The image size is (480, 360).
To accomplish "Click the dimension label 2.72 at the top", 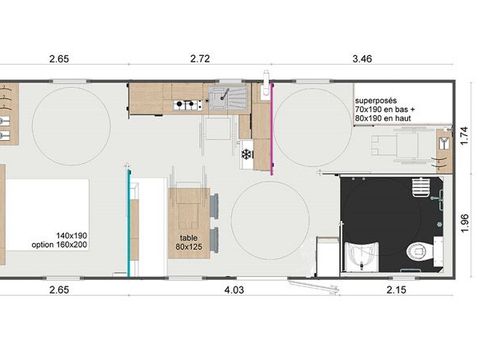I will (200, 60).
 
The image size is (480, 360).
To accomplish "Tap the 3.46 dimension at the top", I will (362, 60).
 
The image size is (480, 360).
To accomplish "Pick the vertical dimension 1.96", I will (465, 221).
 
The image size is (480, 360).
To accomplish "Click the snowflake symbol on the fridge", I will (245, 155).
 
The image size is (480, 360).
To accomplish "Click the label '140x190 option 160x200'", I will (58, 239).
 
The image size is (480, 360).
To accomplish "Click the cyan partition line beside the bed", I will (127, 220).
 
